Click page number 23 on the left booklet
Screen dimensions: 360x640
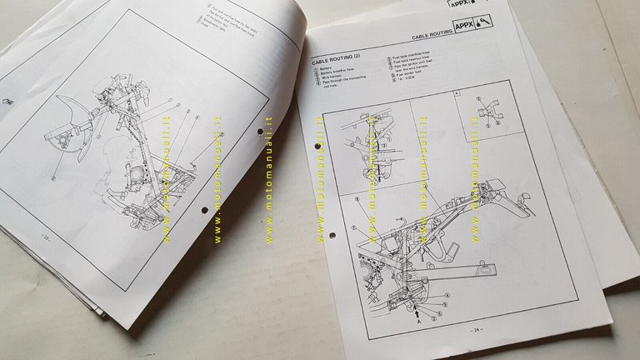[x=46, y=239]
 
